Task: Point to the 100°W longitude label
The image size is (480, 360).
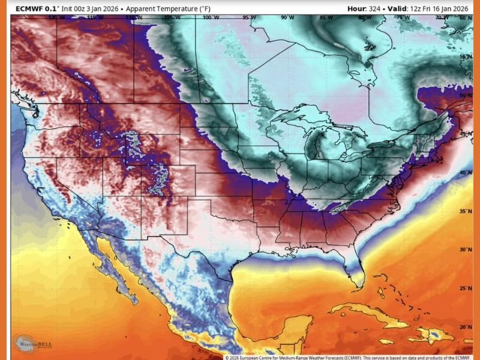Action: point(211,18)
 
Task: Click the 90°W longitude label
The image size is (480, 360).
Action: point(287,18)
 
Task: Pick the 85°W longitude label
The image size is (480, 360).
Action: point(326,18)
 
